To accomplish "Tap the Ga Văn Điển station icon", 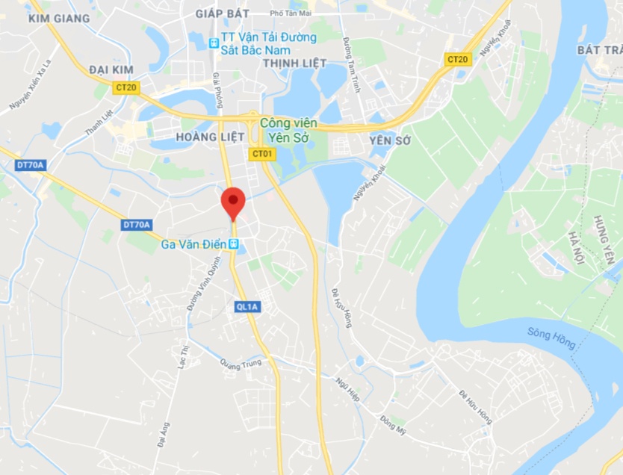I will (235, 243).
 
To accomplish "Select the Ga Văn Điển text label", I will (194, 243).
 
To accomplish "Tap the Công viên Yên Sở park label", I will (288, 128).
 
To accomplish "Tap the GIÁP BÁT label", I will (221, 13).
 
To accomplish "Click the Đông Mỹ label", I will (392, 424).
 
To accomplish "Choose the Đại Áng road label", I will (164, 434).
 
